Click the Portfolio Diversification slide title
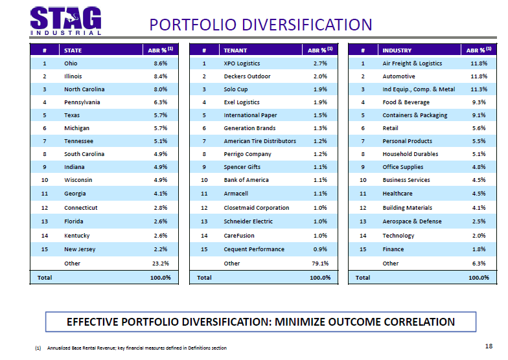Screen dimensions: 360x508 click(260, 25)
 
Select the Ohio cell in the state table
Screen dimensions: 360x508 click(71, 63)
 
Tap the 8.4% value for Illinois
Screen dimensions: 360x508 click(161, 76)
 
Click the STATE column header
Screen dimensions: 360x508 click(73, 50)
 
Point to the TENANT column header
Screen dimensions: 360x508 click(235, 50)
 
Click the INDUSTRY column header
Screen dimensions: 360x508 click(397, 50)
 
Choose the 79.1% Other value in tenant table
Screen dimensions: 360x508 click(320, 264)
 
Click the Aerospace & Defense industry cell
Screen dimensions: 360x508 click(412, 221)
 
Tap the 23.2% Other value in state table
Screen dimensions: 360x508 click(160, 264)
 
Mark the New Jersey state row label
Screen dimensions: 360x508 click(80, 249)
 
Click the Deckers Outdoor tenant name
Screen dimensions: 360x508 click(247, 76)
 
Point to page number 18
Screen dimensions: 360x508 click(489, 346)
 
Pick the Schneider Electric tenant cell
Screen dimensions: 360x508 click(249, 221)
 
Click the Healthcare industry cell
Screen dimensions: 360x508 click(397, 194)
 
